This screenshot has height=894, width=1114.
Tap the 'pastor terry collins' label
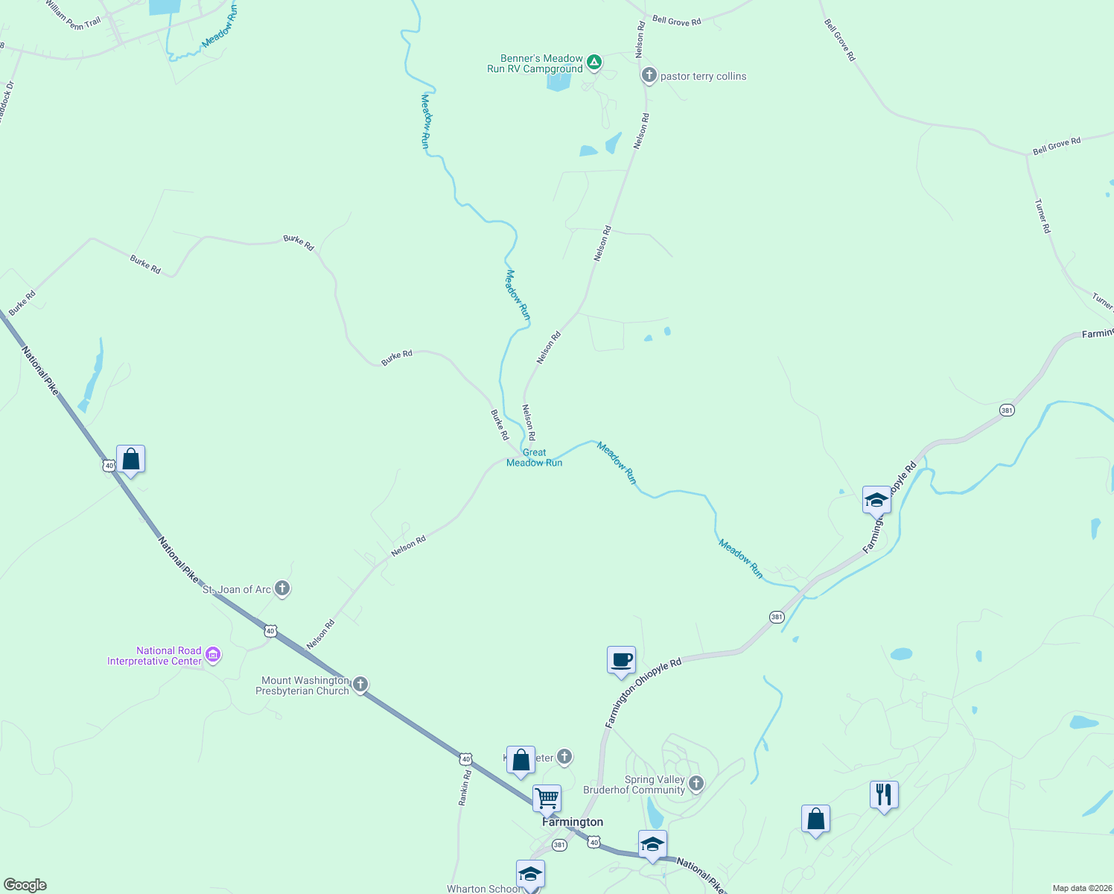pos(703,76)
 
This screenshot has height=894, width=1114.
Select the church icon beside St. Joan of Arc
pos(282,589)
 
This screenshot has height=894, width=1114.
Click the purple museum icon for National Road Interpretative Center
pos(213,655)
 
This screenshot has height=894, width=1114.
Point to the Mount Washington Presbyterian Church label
pos(302,685)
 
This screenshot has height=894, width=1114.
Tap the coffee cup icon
pos(621,659)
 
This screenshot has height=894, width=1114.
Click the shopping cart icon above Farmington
pos(547,799)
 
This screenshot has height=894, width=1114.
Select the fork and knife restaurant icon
pos(884,795)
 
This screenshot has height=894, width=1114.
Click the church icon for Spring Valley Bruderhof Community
pos(696,783)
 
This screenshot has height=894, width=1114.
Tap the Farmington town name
pos(573,822)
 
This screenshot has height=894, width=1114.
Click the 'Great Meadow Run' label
pos(534,457)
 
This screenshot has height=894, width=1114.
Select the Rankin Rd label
pos(465,787)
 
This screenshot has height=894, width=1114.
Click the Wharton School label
pos(484,889)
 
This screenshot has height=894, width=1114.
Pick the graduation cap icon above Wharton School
pos(530,874)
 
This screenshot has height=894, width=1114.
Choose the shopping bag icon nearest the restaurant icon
pos(815,819)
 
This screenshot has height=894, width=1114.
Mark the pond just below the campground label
pos(558,81)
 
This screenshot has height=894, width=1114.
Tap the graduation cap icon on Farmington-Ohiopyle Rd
pos(876,500)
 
